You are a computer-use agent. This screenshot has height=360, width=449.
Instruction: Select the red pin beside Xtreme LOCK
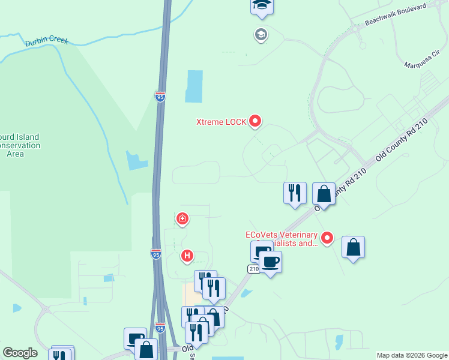(x=255, y=121)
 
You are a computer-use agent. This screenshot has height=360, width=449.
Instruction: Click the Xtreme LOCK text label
(x=221, y=122)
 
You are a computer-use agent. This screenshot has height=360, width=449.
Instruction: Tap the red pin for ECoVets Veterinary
(x=327, y=238)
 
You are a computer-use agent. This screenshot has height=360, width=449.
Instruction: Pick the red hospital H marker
(x=187, y=256)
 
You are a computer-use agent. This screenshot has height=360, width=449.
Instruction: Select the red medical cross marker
(x=182, y=219)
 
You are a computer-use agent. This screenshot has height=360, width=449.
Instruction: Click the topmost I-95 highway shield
(x=160, y=97)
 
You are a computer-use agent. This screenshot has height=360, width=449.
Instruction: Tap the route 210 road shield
(x=253, y=269)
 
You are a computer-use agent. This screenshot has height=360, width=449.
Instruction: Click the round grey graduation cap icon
(x=261, y=35)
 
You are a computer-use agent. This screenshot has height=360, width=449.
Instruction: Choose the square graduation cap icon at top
(x=262, y=5)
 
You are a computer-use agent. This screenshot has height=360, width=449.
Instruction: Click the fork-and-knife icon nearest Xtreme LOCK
(x=295, y=193)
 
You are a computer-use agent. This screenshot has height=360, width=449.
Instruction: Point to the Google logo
(x=20, y=353)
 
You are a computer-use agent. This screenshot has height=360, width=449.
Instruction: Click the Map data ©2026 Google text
(x=412, y=355)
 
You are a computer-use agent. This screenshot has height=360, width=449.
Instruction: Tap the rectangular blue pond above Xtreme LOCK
(x=194, y=86)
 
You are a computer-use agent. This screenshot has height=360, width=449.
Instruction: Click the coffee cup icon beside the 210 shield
(x=270, y=262)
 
